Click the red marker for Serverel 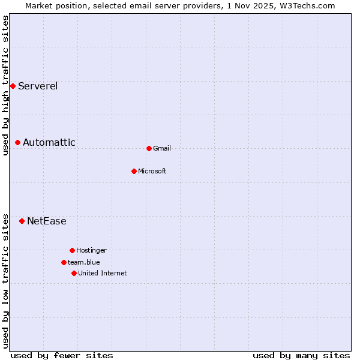click(13, 86)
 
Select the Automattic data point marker click(18, 142)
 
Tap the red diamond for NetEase click(22, 221)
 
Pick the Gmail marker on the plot click(149, 148)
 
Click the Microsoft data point click(134, 171)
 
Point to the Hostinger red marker click(72, 250)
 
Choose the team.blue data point click(64, 262)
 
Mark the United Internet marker click(74, 273)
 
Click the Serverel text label click(38, 86)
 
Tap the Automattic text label click(49, 142)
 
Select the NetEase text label click(47, 221)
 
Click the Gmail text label click(162, 148)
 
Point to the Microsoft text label click(152, 171)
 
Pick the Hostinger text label click(91, 250)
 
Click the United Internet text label click(103, 273)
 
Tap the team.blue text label click(84, 262)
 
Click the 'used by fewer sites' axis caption click(62, 355)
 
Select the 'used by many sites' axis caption click(301, 355)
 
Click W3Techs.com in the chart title click(308, 5)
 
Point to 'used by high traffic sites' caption click(5, 85)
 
